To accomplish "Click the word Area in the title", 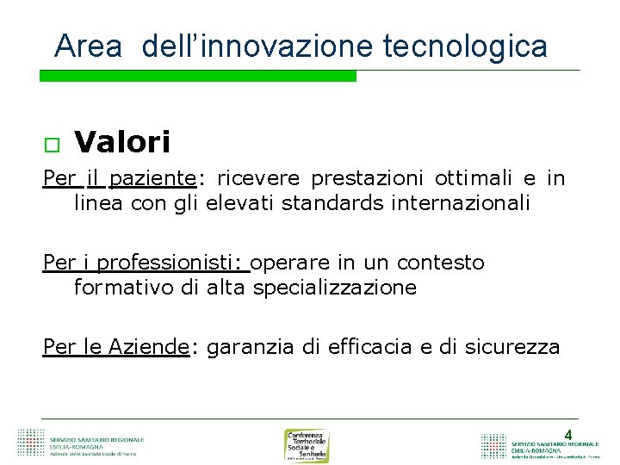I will click(88, 46).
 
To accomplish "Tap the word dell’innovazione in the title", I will click(258, 46).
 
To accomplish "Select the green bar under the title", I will click(198, 77).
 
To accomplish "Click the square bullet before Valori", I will click(50, 143).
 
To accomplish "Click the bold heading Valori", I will click(122, 141).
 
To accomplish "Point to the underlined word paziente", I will click(153, 179).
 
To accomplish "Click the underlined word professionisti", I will click(177, 263).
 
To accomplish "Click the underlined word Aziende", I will click(149, 347).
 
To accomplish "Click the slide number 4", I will click(567, 435).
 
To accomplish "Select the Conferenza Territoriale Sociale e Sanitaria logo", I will click(307, 445).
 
